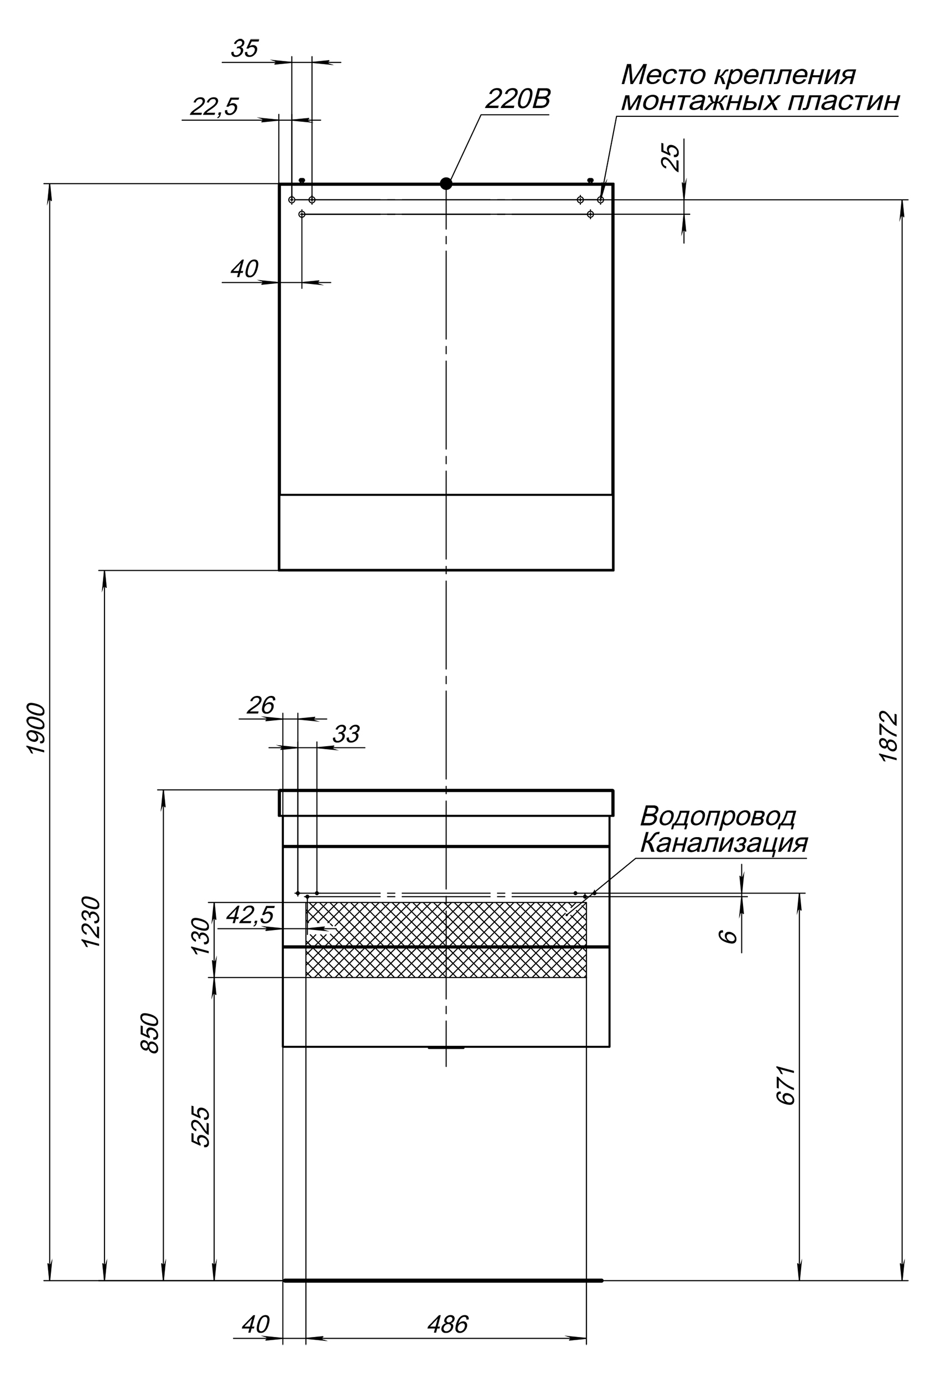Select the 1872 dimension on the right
(x=888, y=736)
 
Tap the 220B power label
(x=517, y=99)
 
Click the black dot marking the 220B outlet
(x=446, y=183)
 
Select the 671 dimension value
(x=786, y=1085)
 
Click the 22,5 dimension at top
(x=214, y=107)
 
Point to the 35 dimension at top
(x=245, y=49)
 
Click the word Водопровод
(x=717, y=817)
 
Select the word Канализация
(x=724, y=843)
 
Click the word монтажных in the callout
(x=699, y=102)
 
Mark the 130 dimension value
(x=201, y=936)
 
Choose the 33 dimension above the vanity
(x=346, y=734)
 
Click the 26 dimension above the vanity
(x=261, y=706)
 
